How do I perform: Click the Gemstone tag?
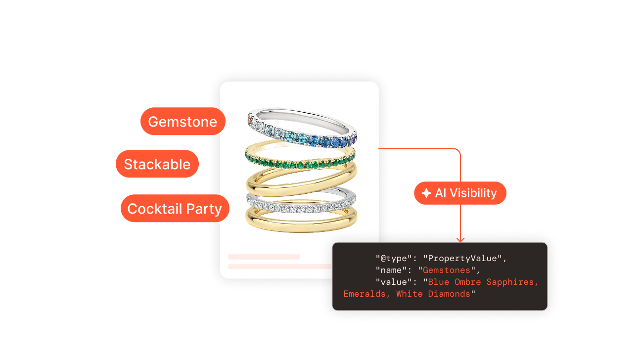(183, 122)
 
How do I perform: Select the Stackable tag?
(157, 164)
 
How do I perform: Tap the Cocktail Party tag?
(175, 209)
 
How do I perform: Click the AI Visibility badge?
(460, 193)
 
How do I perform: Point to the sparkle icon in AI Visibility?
(426, 193)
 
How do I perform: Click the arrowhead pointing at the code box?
(460, 239)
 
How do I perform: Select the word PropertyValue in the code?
(465, 258)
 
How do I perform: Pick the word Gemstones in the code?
(447, 270)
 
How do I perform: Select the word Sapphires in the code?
(510, 282)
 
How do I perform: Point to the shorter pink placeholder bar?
(264, 257)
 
